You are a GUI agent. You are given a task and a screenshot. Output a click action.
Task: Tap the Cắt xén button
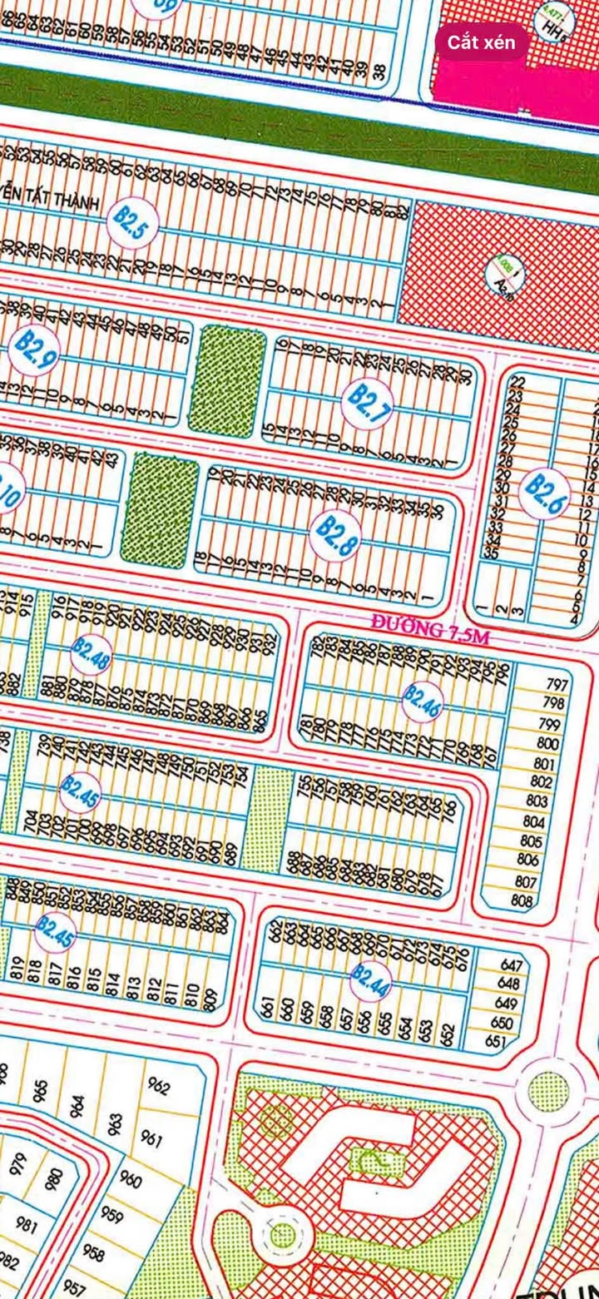[x=482, y=42]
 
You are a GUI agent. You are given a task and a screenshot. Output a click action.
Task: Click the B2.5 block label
[x=129, y=223]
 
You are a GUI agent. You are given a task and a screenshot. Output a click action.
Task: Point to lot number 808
[x=522, y=900]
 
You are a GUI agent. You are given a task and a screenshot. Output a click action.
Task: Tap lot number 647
[x=513, y=966]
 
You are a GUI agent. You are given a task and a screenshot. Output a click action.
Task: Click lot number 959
[x=112, y=1215]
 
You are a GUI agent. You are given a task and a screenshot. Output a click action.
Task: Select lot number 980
[x=55, y=1178]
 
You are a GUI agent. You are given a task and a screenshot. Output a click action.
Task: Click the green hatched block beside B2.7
[x=226, y=380]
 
